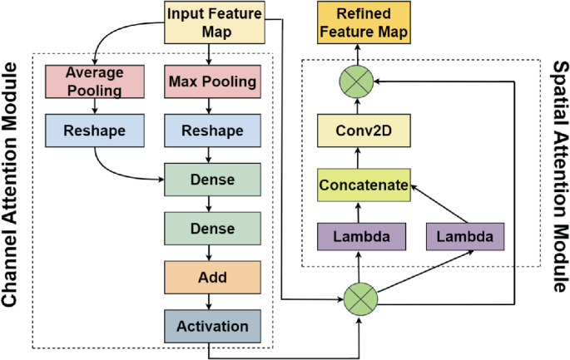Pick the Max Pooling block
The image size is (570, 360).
[x=212, y=82]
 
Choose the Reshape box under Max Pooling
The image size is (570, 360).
[x=212, y=131]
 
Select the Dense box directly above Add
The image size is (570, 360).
[x=212, y=228]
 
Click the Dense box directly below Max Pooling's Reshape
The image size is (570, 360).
[x=212, y=180]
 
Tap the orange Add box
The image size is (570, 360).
[x=212, y=275]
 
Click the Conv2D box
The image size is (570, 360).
[x=360, y=131]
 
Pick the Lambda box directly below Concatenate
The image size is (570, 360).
[x=360, y=237]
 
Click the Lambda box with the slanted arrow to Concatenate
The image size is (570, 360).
[x=464, y=237]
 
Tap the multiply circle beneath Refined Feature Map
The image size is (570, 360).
[x=360, y=81]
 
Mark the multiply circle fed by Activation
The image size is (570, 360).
[x=360, y=295]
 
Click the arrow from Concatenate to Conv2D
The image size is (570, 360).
[x=360, y=158]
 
